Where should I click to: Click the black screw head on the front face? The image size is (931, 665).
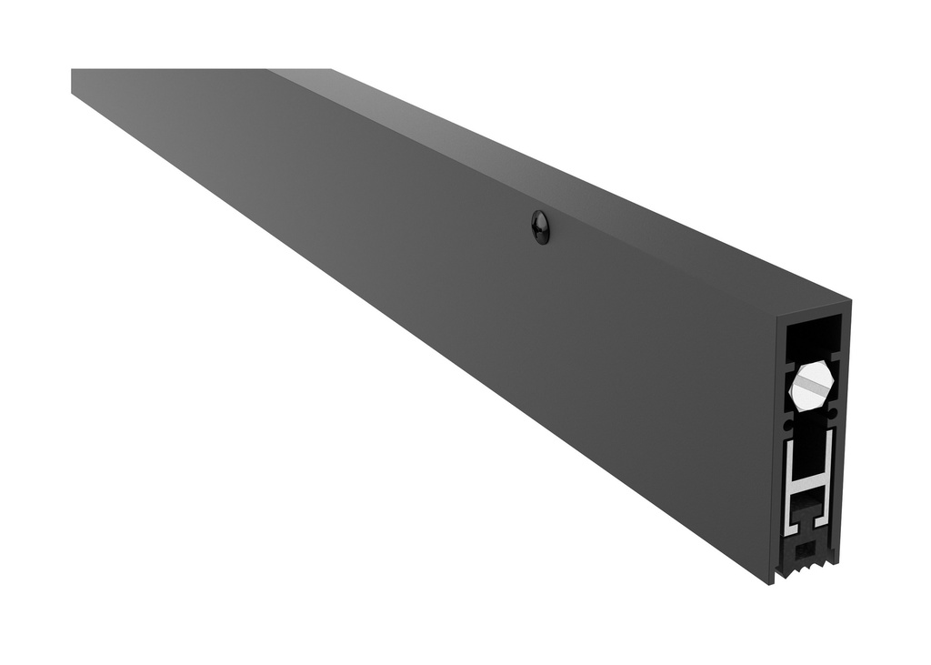pos(540,227)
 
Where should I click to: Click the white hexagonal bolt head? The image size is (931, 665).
pos(810,386)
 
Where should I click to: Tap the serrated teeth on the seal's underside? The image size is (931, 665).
pos(809,566)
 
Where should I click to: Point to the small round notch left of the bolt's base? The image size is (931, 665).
pos(787,424)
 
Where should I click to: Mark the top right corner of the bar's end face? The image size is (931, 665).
pos(848,304)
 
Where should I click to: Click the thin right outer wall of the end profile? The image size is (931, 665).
pos(844,437)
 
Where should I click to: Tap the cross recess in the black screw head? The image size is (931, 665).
pos(540,227)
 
